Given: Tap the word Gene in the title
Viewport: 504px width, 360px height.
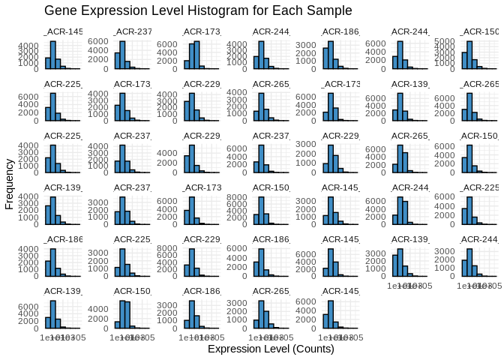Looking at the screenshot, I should coord(59,10).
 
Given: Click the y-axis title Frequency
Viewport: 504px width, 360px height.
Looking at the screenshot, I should coord(9,183).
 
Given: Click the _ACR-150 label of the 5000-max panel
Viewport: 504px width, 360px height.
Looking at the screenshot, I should coord(479,31).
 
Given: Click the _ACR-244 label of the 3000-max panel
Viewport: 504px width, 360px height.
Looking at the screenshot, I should coord(479,238).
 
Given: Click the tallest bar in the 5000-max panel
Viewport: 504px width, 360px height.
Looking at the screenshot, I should coord(469,54).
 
